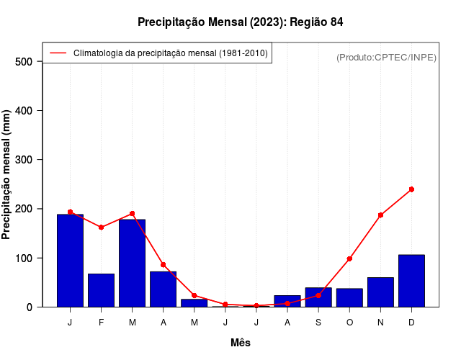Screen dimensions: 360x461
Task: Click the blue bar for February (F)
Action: click(101, 290)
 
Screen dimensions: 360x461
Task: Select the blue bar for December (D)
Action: click(411, 281)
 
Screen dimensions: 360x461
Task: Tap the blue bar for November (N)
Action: click(380, 292)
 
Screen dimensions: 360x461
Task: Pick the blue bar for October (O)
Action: click(349, 297)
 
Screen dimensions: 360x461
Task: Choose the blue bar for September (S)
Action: click(318, 297)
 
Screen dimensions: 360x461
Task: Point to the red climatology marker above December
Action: click(411, 189)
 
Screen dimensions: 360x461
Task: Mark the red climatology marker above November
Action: click(380, 215)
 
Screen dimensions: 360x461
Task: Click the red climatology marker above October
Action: click(349, 258)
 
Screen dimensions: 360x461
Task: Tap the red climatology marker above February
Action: click(101, 228)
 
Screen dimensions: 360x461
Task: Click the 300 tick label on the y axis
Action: click(24, 160)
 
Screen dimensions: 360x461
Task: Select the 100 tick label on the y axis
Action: click(24, 258)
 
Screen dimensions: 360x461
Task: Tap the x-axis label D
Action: click(411, 322)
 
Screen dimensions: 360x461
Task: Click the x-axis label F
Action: click(101, 322)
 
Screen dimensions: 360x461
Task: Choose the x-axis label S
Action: click(318, 322)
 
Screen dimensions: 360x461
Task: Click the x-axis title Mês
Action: click(241, 343)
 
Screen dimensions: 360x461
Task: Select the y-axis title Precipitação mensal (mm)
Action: click(7, 175)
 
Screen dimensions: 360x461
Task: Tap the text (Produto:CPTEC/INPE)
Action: click(386, 57)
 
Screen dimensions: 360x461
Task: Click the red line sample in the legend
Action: click(58, 53)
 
